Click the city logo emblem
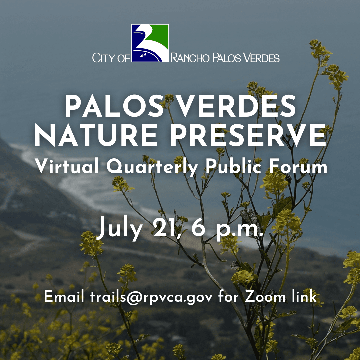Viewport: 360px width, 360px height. click(x=150, y=43)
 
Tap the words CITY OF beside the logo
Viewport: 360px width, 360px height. click(x=111, y=58)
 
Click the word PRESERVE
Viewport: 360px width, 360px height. click(x=248, y=136)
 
